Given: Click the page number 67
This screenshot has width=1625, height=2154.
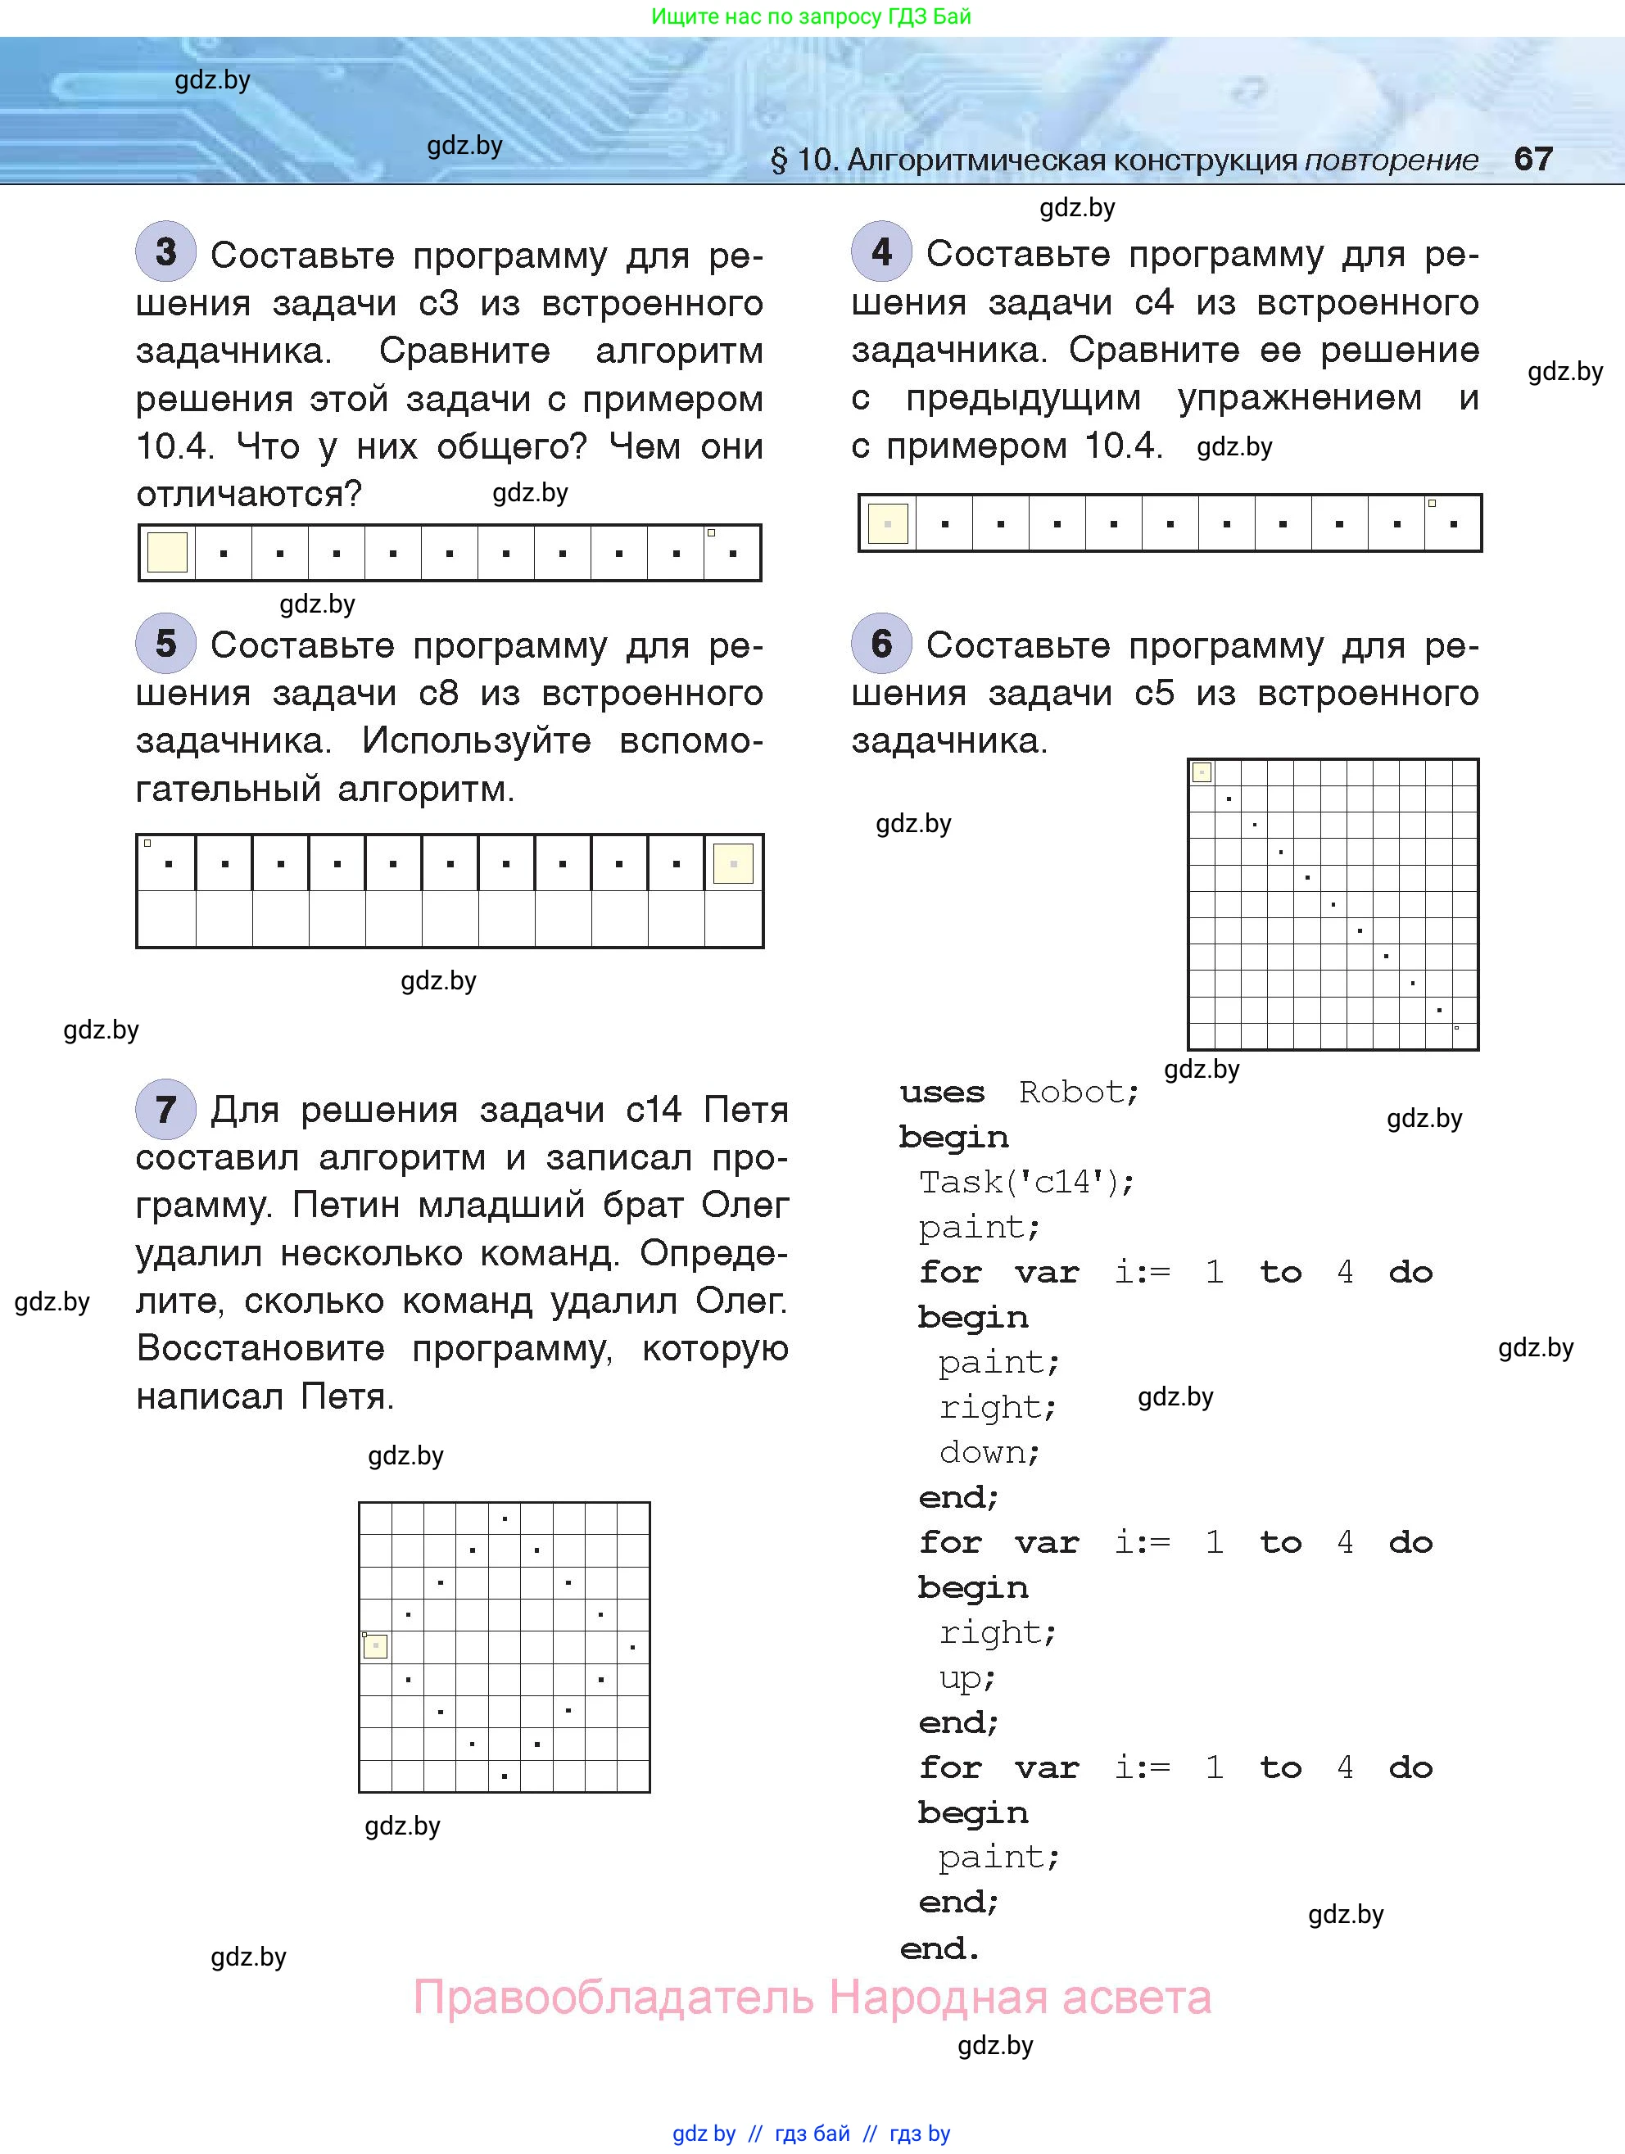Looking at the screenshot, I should pyautogui.click(x=1532, y=159).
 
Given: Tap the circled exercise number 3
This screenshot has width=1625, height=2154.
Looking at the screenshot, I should pyautogui.click(x=165, y=252).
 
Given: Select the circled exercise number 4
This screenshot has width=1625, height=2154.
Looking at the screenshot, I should pyautogui.click(x=881, y=252).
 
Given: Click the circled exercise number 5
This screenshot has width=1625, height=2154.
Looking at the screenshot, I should pyautogui.click(x=165, y=643).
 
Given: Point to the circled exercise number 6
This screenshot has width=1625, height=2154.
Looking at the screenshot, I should pyautogui.click(x=881, y=643).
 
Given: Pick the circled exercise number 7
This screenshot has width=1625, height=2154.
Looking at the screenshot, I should pyautogui.click(x=165, y=1109).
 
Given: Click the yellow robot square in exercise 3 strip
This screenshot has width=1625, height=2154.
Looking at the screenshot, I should pyautogui.click(x=167, y=553).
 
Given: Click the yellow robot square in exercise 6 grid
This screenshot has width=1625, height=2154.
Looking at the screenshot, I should pyautogui.click(x=1202, y=772).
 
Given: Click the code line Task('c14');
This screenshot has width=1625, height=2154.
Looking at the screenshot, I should pyautogui.click(x=1026, y=1182).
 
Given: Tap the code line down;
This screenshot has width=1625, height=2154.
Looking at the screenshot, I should pyautogui.click(x=989, y=1453).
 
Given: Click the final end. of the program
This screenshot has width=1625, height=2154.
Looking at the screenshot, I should pyautogui.click(x=939, y=1948).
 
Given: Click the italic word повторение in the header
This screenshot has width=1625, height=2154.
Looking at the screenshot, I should pyautogui.click(x=1391, y=160).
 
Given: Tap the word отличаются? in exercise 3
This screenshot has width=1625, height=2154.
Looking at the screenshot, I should pyautogui.click(x=249, y=495).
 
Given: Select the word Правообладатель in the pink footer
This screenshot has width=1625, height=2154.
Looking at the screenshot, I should pyautogui.click(x=613, y=1998).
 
